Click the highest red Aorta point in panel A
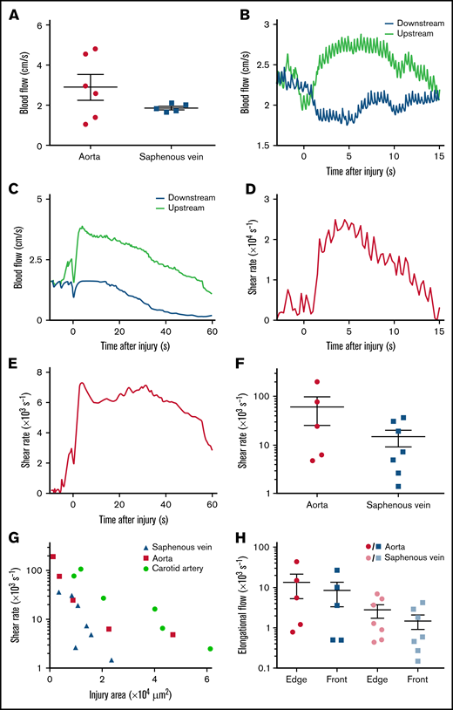pos(95,49)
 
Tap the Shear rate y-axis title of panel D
pos(247,261)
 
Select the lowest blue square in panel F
pos(398,486)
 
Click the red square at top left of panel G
pos(53,556)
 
